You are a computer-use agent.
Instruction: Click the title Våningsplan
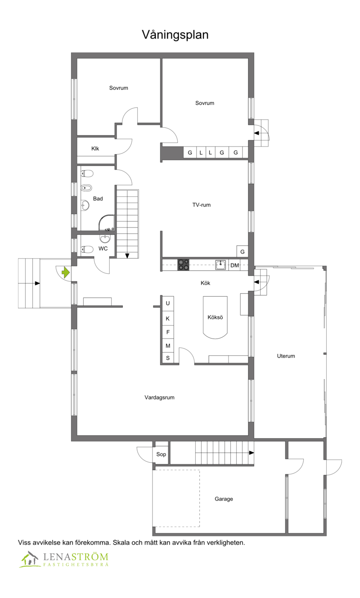click(x=175, y=35)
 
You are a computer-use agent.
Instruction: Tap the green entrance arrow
click(x=66, y=272)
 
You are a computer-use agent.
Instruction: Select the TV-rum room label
click(x=202, y=205)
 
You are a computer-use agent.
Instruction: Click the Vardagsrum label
click(x=160, y=397)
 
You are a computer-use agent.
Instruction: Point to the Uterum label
click(x=286, y=356)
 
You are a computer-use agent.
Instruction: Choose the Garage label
click(x=224, y=499)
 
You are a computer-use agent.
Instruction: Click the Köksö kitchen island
click(x=215, y=317)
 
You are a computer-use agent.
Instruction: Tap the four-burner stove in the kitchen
click(x=183, y=265)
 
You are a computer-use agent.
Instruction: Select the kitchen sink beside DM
click(x=220, y=265)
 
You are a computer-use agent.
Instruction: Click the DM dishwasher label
click(x=234, y=265)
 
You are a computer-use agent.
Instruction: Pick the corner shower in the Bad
click(x=107, y=223)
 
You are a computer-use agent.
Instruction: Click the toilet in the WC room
click(x=87, y=249)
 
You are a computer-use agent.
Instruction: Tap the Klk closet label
click(x=95, y=148)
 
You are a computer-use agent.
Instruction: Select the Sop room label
click(x=161, y=454)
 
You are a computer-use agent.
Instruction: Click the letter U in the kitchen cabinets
click(x=168, y=303)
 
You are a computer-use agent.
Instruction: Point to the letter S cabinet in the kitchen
click(x=168, y=358)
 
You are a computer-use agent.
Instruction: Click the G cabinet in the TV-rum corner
click(x=243, y=251)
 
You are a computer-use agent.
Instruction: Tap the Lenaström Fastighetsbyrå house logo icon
click(x=30, y=559)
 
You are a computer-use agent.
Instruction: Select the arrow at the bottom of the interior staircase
click(x=127, y=256)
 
